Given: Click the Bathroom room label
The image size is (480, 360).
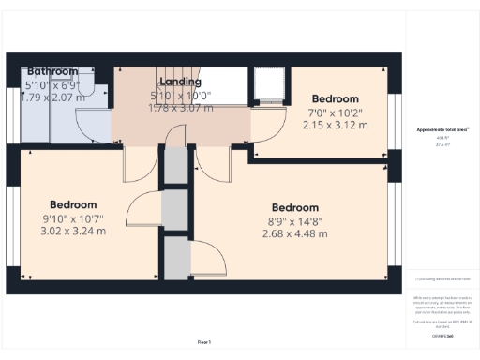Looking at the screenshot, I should [x=52, y=71].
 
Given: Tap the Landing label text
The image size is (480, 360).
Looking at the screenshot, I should [x=181, y=82].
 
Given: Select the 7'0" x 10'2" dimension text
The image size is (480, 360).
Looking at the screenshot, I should [x=335, y=112].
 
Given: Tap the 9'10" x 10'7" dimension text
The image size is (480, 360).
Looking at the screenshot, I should [x=73, y=218].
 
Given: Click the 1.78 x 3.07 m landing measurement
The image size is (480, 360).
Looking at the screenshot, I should [x=181, y=107].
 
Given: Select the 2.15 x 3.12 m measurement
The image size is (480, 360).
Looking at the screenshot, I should [x=335, y=124].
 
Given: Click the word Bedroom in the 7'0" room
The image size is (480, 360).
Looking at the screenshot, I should [x=335, y=99].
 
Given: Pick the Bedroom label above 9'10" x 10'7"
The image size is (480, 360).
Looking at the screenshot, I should [x=73, y=205].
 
